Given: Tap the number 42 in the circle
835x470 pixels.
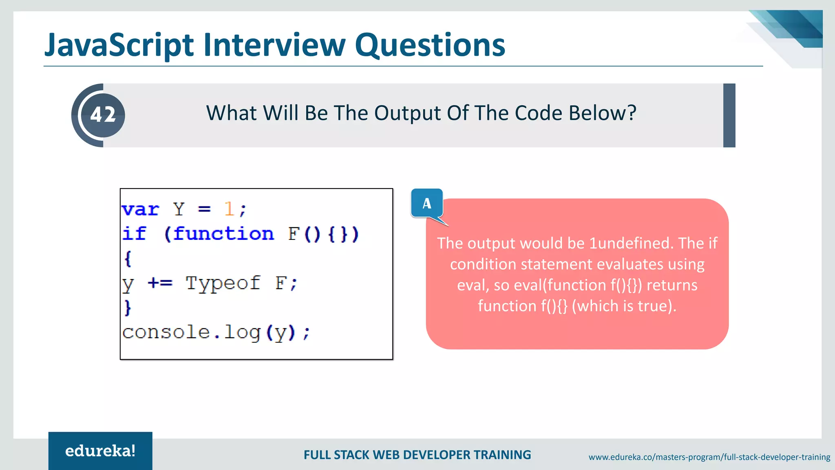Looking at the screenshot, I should click(103, 115).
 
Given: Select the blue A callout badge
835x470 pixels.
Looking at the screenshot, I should click(426, 203).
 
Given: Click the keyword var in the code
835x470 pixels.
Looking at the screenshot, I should click(140, 210).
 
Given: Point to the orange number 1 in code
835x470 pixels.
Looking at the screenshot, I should click(229, 209).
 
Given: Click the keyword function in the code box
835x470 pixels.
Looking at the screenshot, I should click(223, 234).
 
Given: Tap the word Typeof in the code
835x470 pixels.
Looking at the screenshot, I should click(223, 283).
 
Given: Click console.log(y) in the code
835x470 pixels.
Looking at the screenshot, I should click(216, 332).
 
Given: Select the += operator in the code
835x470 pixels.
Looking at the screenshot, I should click(160, 283).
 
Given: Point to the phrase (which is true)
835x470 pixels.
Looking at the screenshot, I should click(624, 306).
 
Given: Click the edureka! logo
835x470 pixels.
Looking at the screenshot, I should click(100, 451).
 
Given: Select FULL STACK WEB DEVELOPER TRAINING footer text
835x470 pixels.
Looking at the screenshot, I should click(417, 455).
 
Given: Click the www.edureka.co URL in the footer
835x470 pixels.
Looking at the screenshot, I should click(709, 457).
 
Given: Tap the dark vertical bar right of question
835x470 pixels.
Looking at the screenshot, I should click(729, 115).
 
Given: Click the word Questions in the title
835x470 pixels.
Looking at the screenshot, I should click(430, 45).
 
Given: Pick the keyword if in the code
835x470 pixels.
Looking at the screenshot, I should click(134, 234).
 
